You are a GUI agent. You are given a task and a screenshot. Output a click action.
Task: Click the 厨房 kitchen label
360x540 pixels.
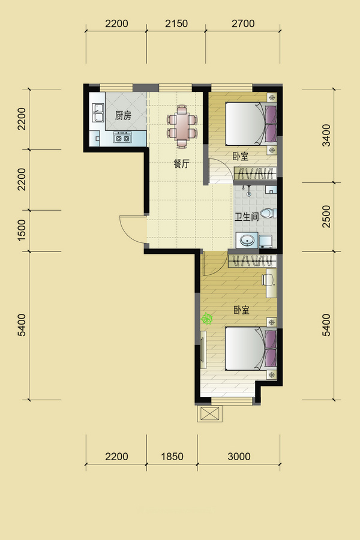[x=123, y=115]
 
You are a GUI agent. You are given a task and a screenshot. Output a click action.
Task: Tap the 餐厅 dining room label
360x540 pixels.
[x=181, y=164]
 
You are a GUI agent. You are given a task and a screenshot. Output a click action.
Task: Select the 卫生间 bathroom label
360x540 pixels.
[x=247, y=217]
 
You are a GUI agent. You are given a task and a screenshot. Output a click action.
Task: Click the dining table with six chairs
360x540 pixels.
[x=182, y=127]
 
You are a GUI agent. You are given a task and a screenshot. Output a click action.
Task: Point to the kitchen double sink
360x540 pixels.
[x=98, y=113]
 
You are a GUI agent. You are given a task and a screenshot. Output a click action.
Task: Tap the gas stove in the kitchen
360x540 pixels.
[x=123, y=138]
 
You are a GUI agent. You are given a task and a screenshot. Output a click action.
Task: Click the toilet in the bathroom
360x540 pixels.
[x=268, y=213]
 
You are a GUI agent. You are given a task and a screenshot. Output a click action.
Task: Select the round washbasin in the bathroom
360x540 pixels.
[x=247, y=240]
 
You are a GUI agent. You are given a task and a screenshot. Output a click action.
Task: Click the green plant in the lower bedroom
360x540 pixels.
[x=206, y=319]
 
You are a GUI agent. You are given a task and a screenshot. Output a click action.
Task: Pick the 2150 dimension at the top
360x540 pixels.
[x=176, y=23]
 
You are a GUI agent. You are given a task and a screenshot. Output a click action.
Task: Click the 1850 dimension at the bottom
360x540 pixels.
[x=172, y=457]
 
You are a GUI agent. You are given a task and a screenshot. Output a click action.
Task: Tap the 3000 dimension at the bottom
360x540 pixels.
[x=239, y=457]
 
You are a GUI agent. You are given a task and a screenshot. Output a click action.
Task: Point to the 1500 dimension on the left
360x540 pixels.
[x=22, y=230]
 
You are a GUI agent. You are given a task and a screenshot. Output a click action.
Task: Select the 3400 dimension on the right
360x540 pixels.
[x=326, y=136]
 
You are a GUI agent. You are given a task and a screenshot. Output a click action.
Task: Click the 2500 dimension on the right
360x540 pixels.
[x=326, y=217]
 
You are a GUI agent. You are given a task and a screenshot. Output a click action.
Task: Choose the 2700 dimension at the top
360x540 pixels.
[x=243, y=23]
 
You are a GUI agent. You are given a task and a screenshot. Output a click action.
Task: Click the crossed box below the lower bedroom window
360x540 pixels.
[x=210, y=413]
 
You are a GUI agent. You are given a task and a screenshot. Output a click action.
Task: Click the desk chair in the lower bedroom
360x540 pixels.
[x=265, y=279]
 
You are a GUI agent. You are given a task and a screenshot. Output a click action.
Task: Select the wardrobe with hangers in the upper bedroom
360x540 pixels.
[x=255, y=173]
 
